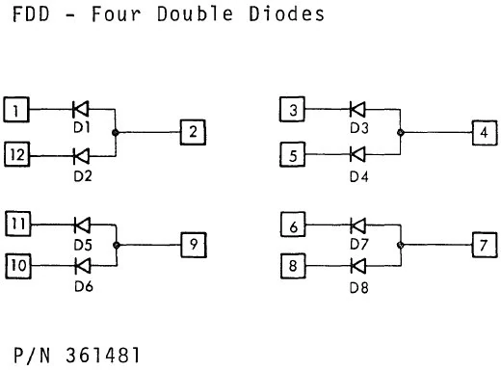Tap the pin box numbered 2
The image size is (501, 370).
(x=193, y=131)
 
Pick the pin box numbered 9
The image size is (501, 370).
(x=193, y=244)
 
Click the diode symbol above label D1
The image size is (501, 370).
(x=81, y=109)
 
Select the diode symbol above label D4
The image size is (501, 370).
(x=357, y=152)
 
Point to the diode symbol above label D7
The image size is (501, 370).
(x=357, y=225)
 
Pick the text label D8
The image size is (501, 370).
(x=358, y=286)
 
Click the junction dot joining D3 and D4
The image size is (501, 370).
(x=399, y=131)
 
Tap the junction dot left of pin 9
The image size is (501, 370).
(x=117, y=244)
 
